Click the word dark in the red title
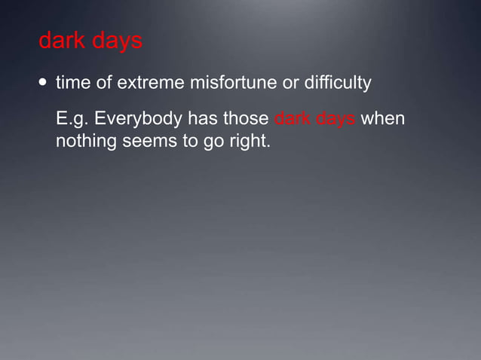tap(61, 41)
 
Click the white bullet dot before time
tap(42, 82)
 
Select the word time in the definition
tap(73, 82)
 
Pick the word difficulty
tap(338, 83)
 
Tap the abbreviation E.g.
tap(72, 121)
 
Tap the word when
tap(384, 120)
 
